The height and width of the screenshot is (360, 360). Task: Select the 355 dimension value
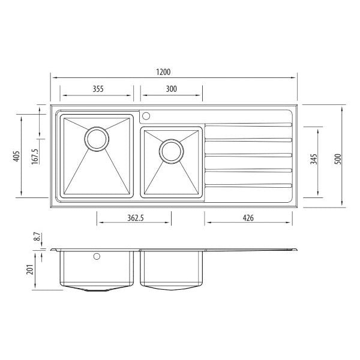[x=98, y=89]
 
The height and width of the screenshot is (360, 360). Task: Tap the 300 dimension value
[x=171, y=89]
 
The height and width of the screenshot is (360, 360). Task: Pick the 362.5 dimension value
[x=133, y=218]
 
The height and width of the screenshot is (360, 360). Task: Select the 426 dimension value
[x=248, y=218]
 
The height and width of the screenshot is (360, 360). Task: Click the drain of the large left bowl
[x=96, y=137]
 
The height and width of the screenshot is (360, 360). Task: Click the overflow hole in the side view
[x=96, y=257]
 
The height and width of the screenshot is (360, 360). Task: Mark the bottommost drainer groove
[x=248, y=184]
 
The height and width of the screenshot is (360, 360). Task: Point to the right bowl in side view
[x=170, y=268]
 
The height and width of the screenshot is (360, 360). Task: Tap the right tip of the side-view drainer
[x=297, y=248]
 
